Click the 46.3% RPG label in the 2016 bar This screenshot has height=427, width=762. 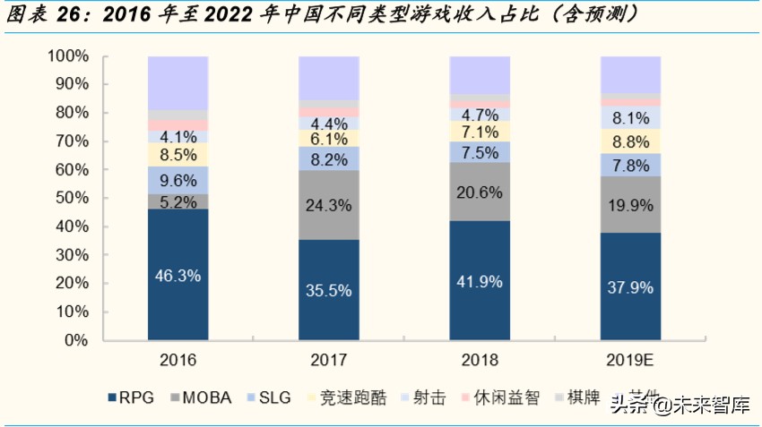point(178,277)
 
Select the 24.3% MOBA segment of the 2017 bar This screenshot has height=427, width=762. point(328,205)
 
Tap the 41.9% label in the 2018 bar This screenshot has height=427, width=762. point(480,282)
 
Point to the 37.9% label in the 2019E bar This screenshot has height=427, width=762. point(630,287)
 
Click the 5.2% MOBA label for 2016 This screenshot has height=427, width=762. point(178,202)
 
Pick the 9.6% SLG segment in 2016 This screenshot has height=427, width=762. point(178,179)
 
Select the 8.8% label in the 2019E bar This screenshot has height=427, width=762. point(630,141)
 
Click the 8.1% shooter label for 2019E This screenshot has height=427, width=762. point(630,117)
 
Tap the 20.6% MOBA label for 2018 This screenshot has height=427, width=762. point(480,192)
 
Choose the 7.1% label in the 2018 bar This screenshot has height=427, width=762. point(480,132)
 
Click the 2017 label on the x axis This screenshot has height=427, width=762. point(328,361)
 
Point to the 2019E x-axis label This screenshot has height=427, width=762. point(630,361)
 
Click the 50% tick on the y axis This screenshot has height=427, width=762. point(71,199)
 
